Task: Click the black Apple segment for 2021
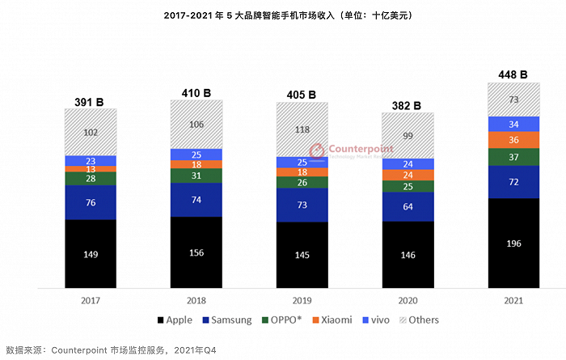click(x=513, y=243)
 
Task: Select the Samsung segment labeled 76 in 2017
click(x=91, y=202)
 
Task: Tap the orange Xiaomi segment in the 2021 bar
click(x=513, y=140)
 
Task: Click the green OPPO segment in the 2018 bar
click(x=196, y=175)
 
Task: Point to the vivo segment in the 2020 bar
click(x=407, y=163)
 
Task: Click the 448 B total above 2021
click(x=513, y=74)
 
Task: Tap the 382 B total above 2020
click(x=407, y=105)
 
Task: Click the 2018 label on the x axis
click(x=196, y=299)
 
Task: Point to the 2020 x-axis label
click(x=407, y=299)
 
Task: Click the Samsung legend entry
click(x=228, y=320)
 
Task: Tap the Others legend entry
click(x=418, y=320)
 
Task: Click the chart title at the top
click(x=282, y=15)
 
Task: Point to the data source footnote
click(x=112, y=350)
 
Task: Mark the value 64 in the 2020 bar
click(x=407, y=206)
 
